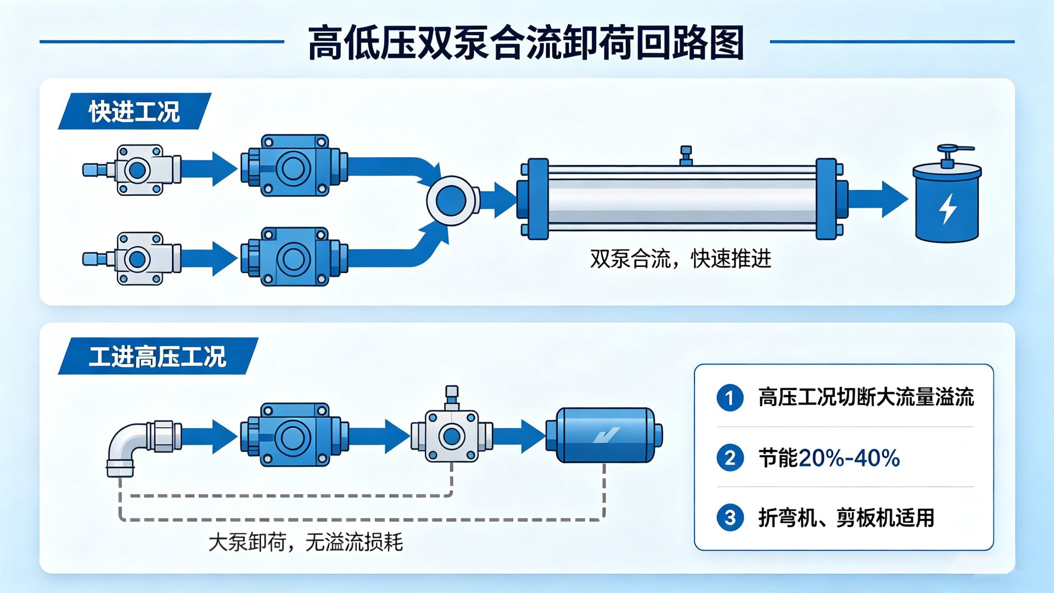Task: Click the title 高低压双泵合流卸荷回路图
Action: point(526,42)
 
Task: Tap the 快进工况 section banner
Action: point(134,111)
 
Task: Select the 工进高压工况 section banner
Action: point(158,356)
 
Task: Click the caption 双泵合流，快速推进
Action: point(681,258)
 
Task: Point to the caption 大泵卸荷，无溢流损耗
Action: point(306,542)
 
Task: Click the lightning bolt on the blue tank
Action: point(948,209)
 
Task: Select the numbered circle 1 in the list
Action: point(730,397)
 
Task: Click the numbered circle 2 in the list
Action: point(730,458)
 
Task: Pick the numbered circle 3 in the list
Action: point(730,518)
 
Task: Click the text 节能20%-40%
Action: point(829,458)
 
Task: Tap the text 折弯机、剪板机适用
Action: point(846,518)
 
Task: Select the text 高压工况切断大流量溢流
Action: point(866,397)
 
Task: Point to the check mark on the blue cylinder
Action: point(606,435)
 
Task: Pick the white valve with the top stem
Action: point(452,429)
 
